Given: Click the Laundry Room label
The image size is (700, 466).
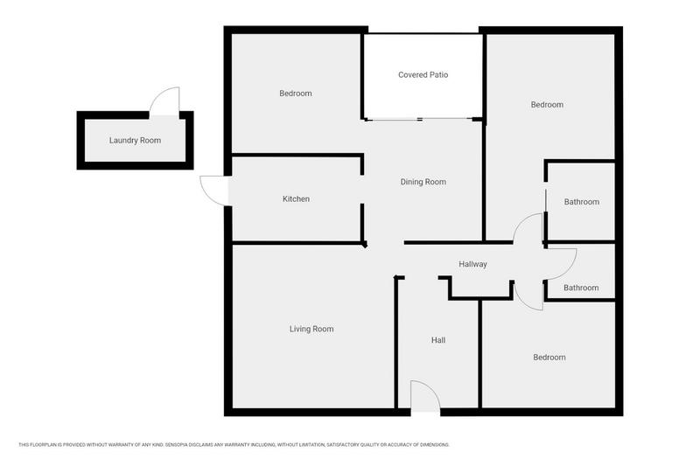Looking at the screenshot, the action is [x=135, y=141].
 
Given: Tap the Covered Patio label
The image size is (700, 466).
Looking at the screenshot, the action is [x=423, y=75].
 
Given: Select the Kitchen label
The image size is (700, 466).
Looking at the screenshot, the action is [x=296, y=198].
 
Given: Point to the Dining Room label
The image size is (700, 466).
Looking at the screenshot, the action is [x=423, y=182].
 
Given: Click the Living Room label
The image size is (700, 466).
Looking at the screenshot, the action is [x=311, y=329].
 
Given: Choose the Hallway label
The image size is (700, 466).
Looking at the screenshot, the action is [x=472, y=264].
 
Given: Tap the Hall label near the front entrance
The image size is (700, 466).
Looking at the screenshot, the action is [x=438, y=340].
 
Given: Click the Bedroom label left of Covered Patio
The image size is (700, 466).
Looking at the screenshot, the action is [x=296, y=94].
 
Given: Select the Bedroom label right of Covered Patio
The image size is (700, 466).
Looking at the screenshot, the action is [x=547, y=105].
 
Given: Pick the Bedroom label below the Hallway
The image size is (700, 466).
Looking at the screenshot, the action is [x=549, y=358].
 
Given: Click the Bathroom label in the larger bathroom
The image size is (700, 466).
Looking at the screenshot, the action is [x=582, y=202].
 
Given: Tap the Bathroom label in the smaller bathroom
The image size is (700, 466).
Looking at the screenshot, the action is [x=581, y=288].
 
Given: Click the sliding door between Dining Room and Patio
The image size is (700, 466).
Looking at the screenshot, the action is [x=420, y=119].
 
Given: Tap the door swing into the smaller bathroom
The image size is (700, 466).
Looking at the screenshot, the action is [x=570, y=269].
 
